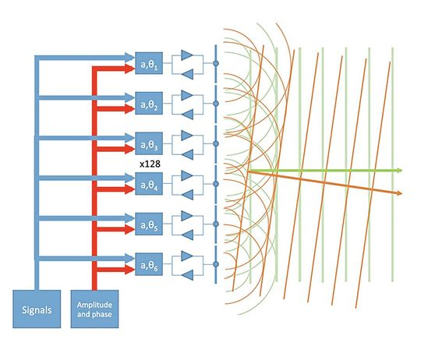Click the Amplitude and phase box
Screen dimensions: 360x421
click(94, 308)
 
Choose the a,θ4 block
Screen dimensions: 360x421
click(148, 184)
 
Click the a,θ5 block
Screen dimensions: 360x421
click(148, 224)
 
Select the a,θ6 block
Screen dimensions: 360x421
click(148, 265)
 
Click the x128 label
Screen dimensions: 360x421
click(149, 164)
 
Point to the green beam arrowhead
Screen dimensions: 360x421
click(398, 170)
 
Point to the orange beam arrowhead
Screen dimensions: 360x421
click(398, 192)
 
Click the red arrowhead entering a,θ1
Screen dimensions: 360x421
click(129, 69)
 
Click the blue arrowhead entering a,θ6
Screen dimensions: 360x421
click(129, 258)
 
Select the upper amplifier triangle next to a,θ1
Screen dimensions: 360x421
click(186, 55)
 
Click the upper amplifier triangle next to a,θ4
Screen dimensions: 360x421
click(186, 177)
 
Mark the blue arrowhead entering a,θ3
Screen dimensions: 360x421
click(129, 136)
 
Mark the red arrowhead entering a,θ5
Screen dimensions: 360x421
click(129, 231)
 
